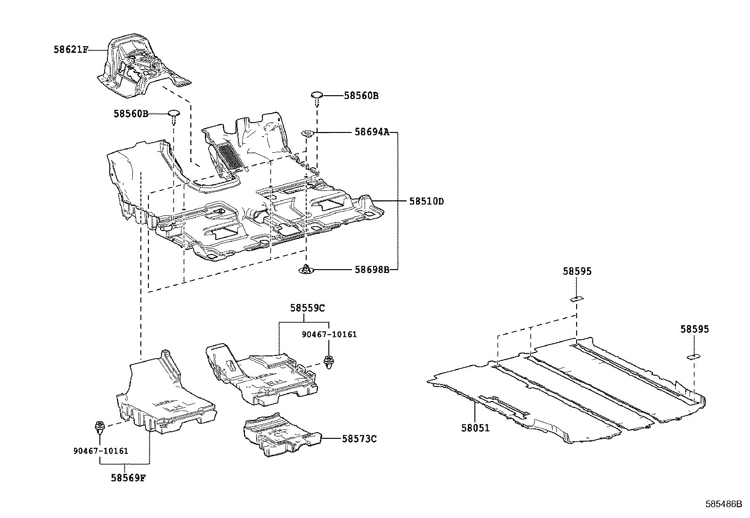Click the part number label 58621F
click(x=71, y=49)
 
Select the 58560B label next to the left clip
click(x=130, y=114)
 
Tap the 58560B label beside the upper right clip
click(x=361, y=96)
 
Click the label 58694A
click(x=372, y=132)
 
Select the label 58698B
click(x=372, y=270)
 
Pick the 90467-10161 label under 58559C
click(x=329, y=334)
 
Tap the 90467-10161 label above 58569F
click(x=101, y=451)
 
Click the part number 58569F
click(x=128, y=477)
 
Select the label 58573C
click(x=359, y=439)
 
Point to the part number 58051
click(x=475, y=428)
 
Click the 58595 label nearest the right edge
click(x=694, y=329)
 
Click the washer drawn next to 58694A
click(x=308, y=133)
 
